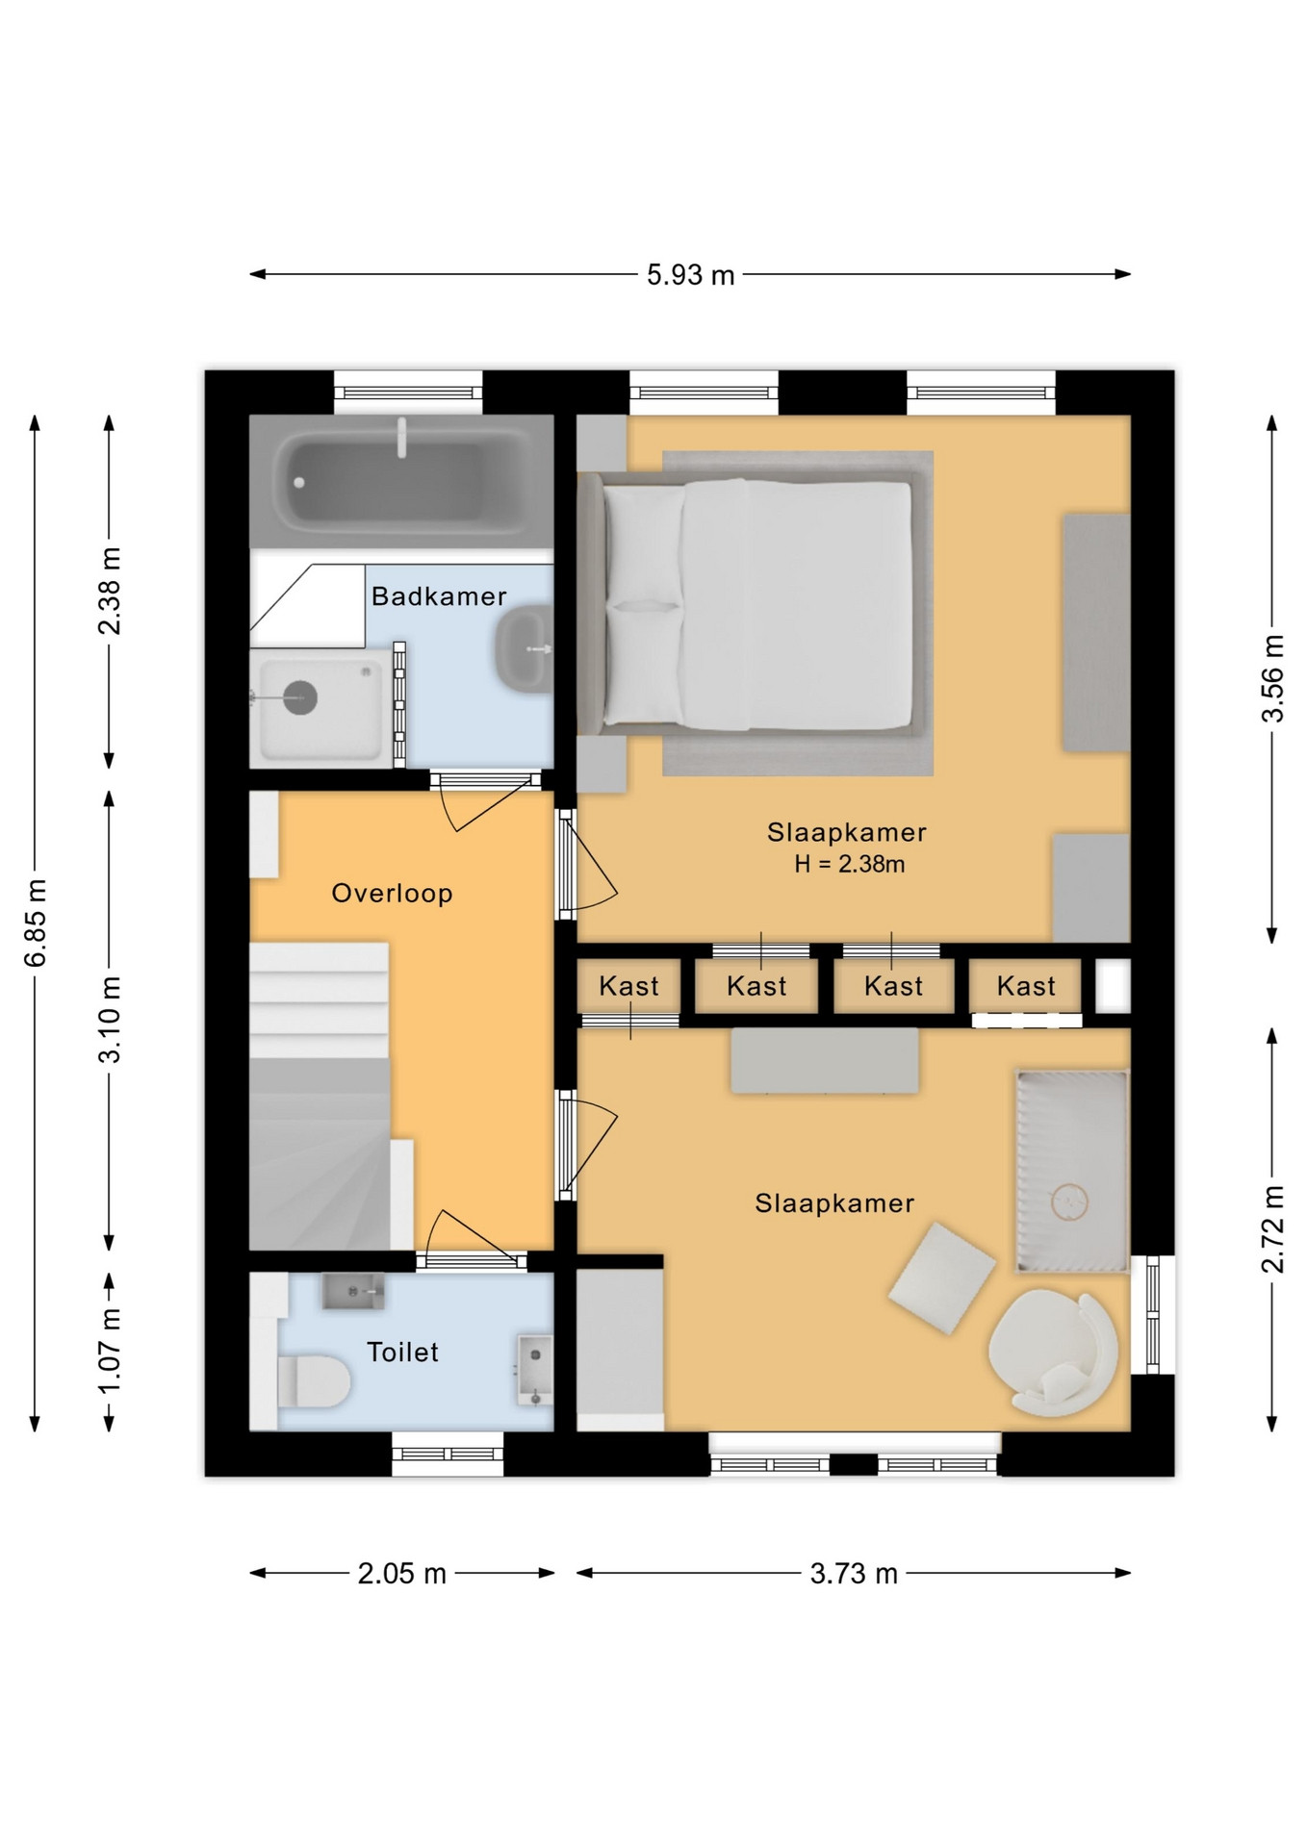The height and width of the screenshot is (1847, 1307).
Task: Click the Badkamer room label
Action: click(439, 596)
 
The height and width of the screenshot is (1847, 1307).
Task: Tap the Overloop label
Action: click(392, 894)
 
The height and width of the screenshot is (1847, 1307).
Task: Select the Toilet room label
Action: click(402, 1352)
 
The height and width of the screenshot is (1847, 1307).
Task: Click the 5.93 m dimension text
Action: click(690, 275)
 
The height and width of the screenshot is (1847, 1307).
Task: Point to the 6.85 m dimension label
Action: click(36, 923)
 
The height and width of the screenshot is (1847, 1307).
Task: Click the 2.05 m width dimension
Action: click(401, 1574)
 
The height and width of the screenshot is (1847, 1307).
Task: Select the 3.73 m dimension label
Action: click(854, 1574)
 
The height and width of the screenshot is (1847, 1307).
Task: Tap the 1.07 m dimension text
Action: click(110, 1352)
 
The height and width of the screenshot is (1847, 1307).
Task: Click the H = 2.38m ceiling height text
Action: click(849, 864)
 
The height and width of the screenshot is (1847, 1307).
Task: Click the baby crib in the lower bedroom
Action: click(1072, 1171)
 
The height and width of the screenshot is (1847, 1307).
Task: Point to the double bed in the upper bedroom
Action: click(756, 603)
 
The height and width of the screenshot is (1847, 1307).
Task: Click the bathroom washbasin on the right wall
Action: click(524, 648)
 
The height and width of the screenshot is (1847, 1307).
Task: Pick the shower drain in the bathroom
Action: click(300, 697)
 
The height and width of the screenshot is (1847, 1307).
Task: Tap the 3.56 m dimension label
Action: click(1272, 678)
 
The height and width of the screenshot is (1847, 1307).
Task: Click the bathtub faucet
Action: click(402, 438)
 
